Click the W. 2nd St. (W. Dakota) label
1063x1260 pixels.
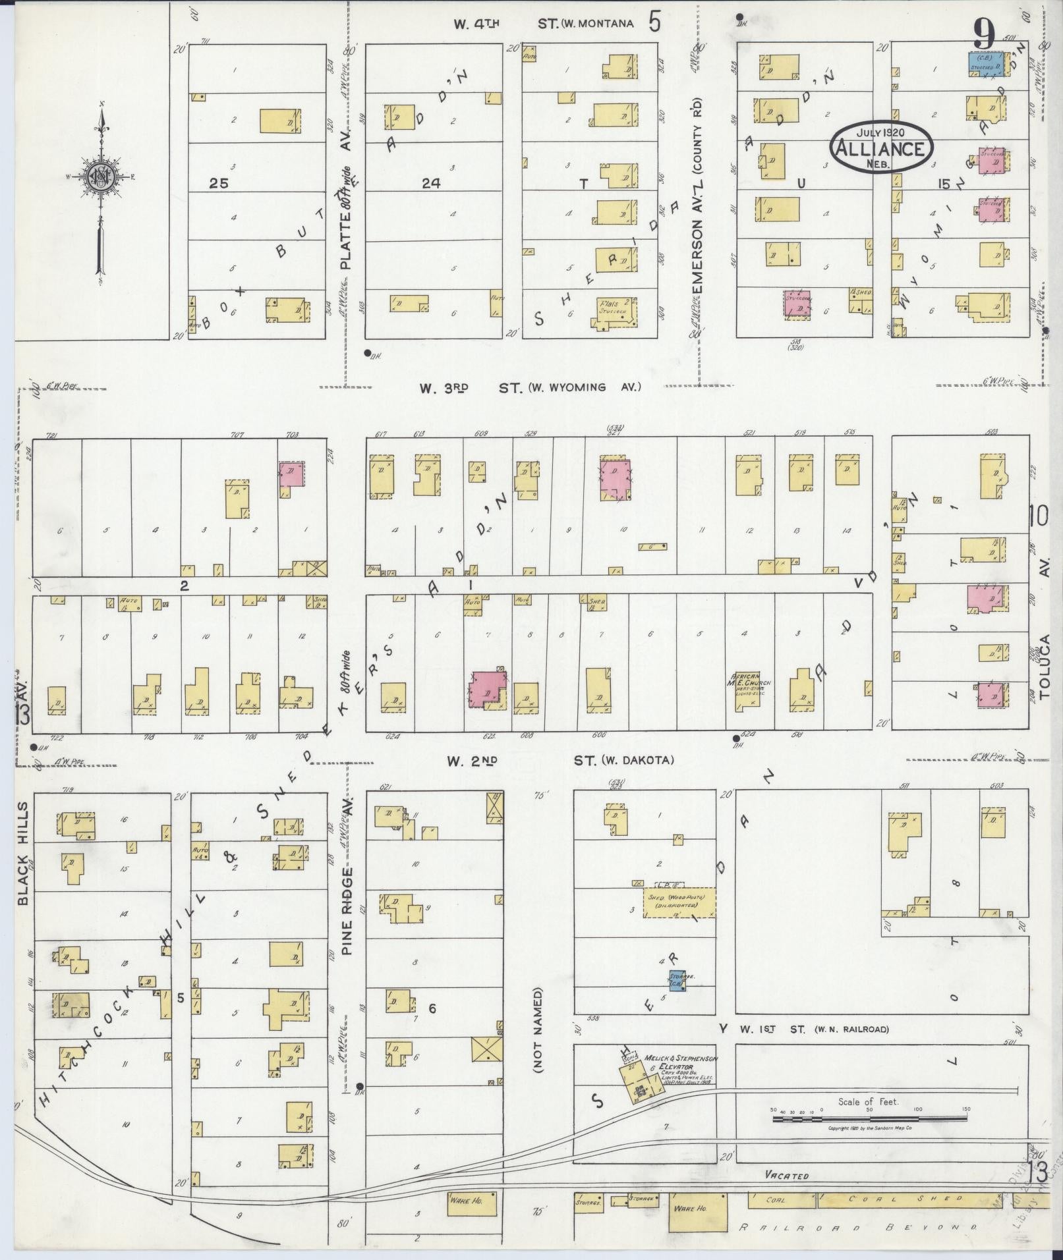pyautogui.click(x=560, y=761)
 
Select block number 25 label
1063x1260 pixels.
pyautogui.click(x=218, y=184)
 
